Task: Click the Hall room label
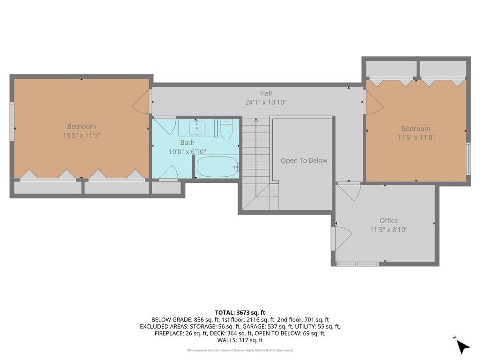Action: (x=266, y=93)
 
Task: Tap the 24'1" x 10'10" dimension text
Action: (x=266, y=102)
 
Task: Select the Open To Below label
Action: (x=304, y=160)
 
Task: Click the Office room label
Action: (x=389, y=221)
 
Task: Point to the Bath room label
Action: (x=187, y=142)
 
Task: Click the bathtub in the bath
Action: (x=217, y=167)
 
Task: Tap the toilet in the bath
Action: (x=226, y=129)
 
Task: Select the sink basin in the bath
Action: (x=197, y=128)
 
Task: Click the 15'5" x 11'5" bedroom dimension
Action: (x=82, y=135)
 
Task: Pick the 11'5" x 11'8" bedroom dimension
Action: (x=416, y=138)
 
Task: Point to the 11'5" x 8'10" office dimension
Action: (x=389, y=230)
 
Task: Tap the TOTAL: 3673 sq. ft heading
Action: (x=240, y=313)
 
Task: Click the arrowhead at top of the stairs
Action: (x=256, y=120)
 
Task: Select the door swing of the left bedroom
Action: (x=142, y=101)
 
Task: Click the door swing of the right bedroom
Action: (x=374, y=102)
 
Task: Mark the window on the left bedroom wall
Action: (x=12, y=121)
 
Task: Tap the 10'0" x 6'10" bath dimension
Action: (x=187, y=151)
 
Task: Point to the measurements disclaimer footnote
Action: (x=240, y=350)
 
